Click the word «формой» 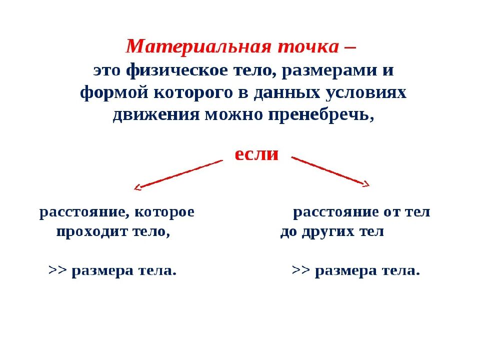107,93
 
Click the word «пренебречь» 320,115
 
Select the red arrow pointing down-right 330,171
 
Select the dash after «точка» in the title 350,48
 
